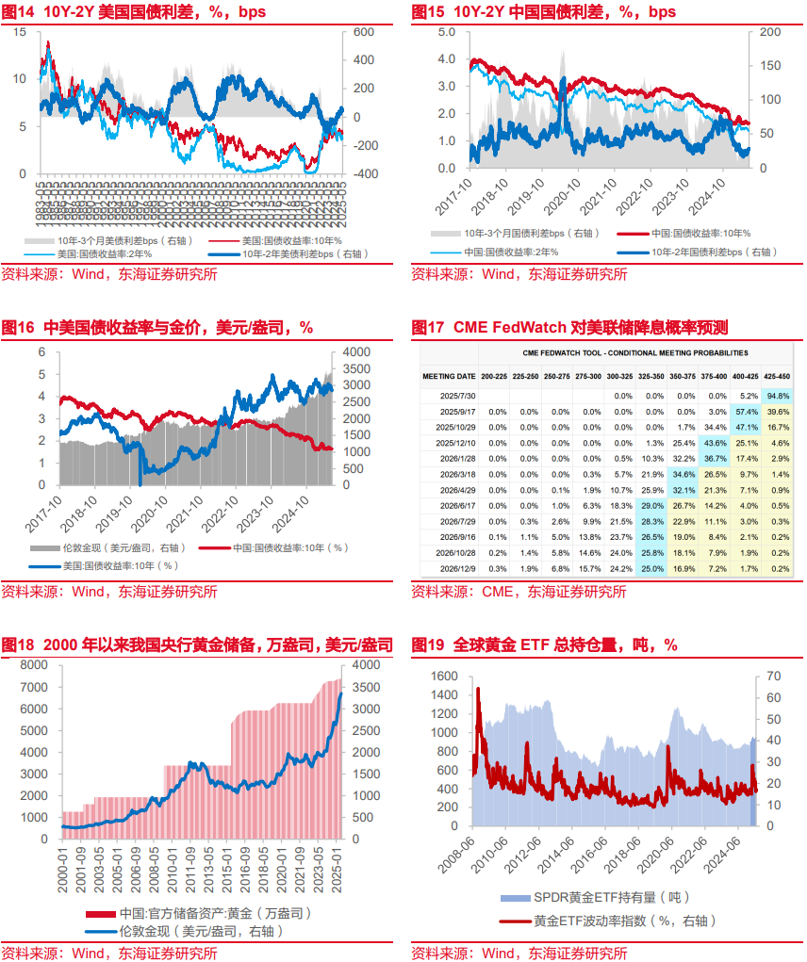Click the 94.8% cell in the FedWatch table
(778, 396)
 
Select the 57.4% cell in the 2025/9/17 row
(747, 412)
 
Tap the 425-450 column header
(779, 376)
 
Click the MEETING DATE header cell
(449, 376)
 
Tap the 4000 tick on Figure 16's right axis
(356, 351)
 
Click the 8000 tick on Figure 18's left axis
(35, 664)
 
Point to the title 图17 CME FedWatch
(569, 328)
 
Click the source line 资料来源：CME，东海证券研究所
(519, 592)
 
